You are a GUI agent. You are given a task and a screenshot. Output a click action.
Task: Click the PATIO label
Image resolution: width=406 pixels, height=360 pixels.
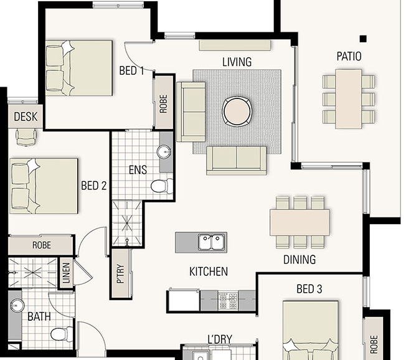349,57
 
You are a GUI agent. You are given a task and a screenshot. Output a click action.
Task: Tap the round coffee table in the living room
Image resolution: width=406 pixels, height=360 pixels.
238,111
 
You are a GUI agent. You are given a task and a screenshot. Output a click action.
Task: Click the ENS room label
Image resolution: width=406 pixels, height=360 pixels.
138,169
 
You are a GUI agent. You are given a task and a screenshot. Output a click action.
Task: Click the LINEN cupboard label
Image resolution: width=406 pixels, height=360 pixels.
67,275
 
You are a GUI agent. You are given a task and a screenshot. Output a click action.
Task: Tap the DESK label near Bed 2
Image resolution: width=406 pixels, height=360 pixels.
26,116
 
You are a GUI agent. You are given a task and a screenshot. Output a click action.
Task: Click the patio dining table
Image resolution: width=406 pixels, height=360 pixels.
349,98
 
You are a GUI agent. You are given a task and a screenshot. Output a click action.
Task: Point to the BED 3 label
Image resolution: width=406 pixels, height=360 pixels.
309,289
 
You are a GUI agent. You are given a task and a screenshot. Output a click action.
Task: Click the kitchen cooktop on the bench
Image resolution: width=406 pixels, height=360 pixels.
229,301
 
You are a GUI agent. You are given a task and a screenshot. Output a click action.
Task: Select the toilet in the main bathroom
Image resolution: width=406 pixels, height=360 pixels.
60,336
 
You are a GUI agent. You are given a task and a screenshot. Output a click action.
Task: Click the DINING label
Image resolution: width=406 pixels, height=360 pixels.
300,260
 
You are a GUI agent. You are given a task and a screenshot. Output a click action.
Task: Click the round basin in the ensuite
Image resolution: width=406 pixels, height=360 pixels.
164,152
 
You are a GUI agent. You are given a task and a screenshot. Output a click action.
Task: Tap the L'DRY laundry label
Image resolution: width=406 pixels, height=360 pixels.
220,339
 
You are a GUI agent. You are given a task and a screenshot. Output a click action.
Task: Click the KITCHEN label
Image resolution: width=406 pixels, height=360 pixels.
209,272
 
